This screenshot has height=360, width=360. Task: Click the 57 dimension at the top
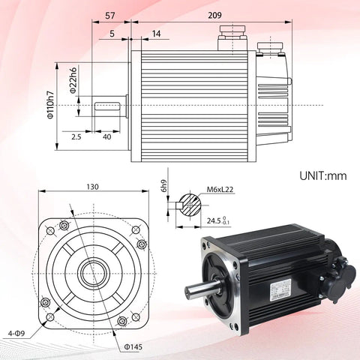(109, 14)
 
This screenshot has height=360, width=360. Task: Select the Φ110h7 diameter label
(50, 105)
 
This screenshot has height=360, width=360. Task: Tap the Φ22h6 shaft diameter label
(73, 82)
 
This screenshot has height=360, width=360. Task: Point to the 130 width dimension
(92, 187)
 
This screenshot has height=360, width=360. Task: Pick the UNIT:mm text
(322, 176)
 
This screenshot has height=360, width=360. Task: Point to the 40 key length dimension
(106, 137)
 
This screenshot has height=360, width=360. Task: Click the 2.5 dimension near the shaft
(76, 137)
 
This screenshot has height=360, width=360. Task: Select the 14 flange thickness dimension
(155, 34)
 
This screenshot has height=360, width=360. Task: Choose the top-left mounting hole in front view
(63, 226)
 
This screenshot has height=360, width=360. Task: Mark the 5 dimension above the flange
(112, 34)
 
